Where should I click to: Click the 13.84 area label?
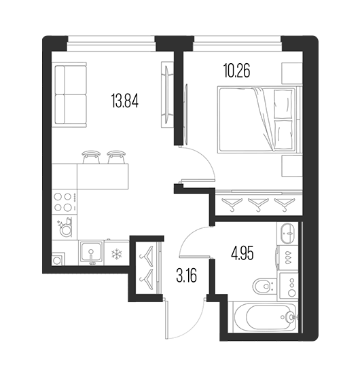click(x=125, y=100)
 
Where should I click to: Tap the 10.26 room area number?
click(x=236, y=71)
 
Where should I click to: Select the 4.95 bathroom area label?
click(x=242, y=254)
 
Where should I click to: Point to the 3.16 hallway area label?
click(x=187, y=276)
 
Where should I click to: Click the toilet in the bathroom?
click(x=266, y=286)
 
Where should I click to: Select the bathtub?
click(x=264, y=317)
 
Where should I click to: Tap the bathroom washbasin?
click(x=287, y=234)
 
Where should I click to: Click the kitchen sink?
click(x=91, y=253)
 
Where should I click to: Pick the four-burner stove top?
click(x=65, y=202)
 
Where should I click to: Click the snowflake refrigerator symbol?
click(x=117, y=255)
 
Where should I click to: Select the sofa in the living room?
click(x=69, y=94)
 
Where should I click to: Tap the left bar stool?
click(x=91, y=157)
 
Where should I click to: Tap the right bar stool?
click(x=116, y=157)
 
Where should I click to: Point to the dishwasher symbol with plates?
click(x=65, y=227)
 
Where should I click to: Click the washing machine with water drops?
click(x=288, y=257)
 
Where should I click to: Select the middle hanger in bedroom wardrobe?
click(x=258, y=204)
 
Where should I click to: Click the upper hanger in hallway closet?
click(x=147, y=256)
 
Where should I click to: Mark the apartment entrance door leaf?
click(x=166, y=318)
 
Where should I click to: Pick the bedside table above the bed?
click(x=292, y=73)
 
